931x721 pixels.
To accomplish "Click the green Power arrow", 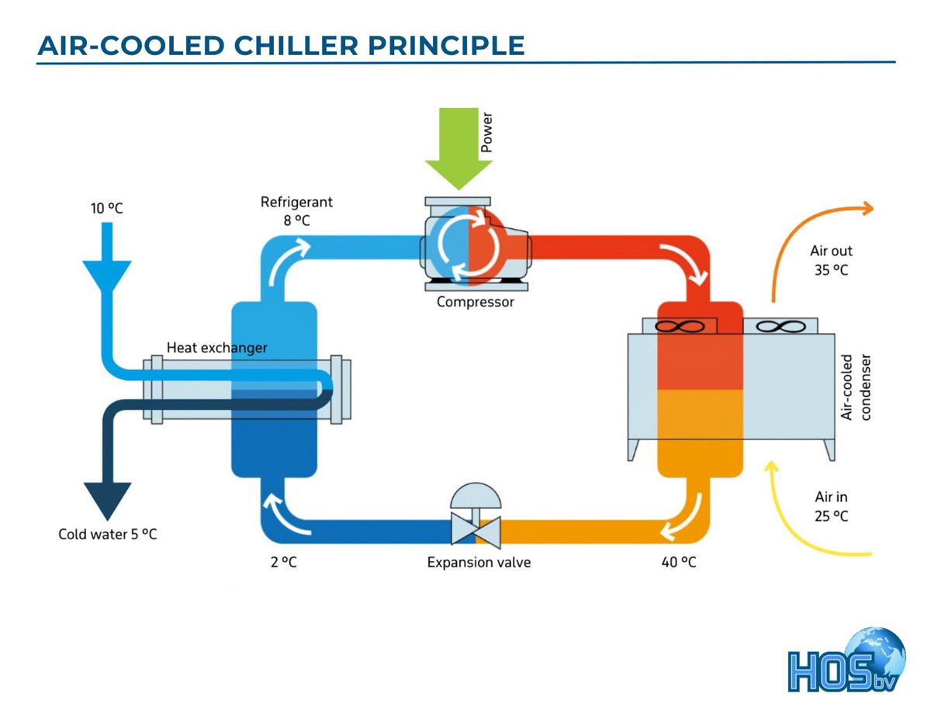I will (x=459, y=147).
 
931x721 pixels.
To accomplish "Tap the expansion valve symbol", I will (x=476, y=522).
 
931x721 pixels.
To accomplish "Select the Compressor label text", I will (x=475, y=302).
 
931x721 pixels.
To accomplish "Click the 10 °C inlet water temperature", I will (x=106, y=209).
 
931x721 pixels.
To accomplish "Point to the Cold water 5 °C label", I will (x=107, y=534).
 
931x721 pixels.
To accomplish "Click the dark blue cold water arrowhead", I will (x=107, y=500).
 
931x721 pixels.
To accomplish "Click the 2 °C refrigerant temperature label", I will (x=283, y=562).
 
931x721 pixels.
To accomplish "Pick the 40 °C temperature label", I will (x=678, y=562).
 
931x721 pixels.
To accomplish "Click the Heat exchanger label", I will (x=216, y=348).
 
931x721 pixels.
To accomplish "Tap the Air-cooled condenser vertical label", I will (x=856, y=388).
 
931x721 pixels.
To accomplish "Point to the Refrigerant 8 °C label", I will (x=296, y=210).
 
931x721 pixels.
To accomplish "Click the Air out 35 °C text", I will (x=831, y=261).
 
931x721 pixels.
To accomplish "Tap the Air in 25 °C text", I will (x=831, y=506).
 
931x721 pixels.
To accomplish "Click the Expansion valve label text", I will (x=479, y=562).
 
